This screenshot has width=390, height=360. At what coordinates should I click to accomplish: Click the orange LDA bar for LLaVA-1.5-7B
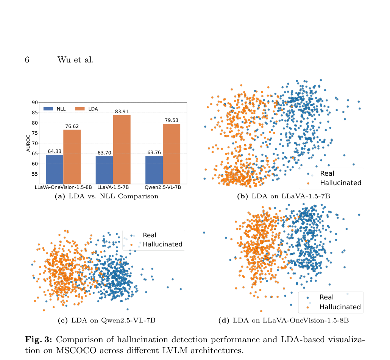pyautogui.click(x=122, y=150)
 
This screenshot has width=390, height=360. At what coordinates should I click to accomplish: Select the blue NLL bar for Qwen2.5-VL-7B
pyautogui.click(x=154, y=170)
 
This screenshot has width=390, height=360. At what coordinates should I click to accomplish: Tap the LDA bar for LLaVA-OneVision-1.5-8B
pyautogui.click(x=72, y=157)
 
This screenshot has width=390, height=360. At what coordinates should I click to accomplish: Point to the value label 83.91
pyautogui.click(x=122, y=112)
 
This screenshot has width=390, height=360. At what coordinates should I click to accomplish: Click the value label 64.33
pyautogui.click(x=55, y=151)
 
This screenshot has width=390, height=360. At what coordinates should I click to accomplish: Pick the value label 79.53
pyautogui.click(x=172, y=120)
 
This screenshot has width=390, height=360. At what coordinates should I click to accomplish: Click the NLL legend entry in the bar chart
pyautogui.click(x=55, y=109)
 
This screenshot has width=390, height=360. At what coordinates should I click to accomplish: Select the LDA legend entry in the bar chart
pyautogui.click(x=86, y=109)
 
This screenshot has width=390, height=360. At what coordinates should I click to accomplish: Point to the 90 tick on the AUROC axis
pyautogui.click(x=35, y=103)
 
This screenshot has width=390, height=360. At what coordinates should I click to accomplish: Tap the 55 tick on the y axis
pyautogui.click(x=35, y=174)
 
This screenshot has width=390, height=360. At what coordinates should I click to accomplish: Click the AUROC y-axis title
pyautogui.click(x=28, y=143)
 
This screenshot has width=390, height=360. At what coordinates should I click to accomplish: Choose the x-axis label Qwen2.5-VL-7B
pyautogui.click(x=163, y=187)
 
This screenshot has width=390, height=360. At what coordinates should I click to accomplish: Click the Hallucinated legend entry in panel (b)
pyautogui.click(x=334, y=183)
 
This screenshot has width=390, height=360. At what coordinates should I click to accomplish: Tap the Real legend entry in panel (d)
pyautogui.click(x=320, y=297)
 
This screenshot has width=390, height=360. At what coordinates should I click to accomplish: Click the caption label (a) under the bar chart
pyautogui.click(x=60, y=196)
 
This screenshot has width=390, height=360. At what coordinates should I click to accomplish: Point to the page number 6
pyautogui.click(x=27, y=60)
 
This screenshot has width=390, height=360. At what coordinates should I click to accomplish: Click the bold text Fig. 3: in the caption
pyautogui.click(x=38, y=339)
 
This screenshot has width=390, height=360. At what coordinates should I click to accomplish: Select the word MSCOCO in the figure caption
pyautogui.click(x=76, y=350)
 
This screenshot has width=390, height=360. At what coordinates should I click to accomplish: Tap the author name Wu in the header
pyautogui.click(x=64, y=60)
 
